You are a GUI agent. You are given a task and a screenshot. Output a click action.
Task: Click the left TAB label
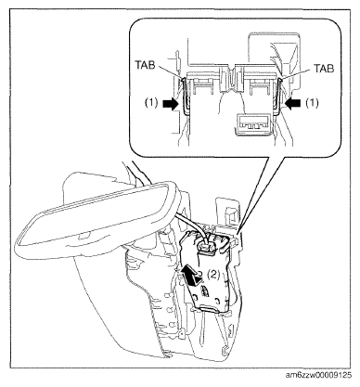(145, 65)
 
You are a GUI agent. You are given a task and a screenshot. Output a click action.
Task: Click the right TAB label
(324, 68)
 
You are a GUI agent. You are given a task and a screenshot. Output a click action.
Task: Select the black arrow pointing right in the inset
(172, 104)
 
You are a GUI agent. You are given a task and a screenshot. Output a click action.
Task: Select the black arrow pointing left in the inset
(293, 104)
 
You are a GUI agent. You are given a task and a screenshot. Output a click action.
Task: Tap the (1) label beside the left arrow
(152, 104)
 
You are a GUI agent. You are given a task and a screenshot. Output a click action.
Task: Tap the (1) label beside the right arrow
(312, 103)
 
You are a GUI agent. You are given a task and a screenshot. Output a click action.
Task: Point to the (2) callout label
(213, 274)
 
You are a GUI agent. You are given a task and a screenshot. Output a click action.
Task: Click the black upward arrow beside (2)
(192, 274)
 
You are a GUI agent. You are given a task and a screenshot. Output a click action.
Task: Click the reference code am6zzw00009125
(319, 375)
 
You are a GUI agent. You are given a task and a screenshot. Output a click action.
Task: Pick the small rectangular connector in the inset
(254, 124)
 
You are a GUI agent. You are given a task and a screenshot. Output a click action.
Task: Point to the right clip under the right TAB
(278, 95)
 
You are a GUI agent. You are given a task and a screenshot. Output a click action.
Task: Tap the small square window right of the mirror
(230, 215)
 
